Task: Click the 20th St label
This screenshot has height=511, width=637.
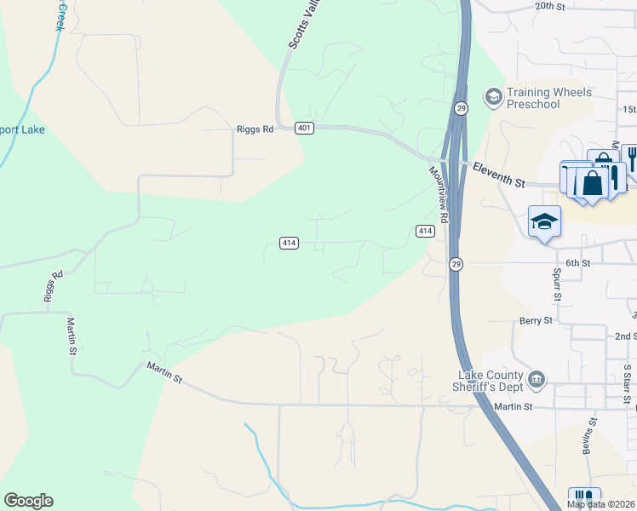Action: [x=550, y=6]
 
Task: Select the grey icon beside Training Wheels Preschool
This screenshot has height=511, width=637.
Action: [x=492, y=96]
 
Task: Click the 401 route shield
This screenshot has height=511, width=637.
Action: [x=305, y=128]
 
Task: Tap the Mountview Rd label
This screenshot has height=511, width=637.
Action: [x=439, y=194]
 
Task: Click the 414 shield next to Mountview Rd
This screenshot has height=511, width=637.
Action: [x=426, y=231]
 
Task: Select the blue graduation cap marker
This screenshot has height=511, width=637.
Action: [x=544, y=223]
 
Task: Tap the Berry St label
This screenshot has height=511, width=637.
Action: [x=536, y=321]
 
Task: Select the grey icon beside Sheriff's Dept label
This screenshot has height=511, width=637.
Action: [x=537, y=378]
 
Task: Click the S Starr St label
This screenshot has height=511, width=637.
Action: [x=627, y=382]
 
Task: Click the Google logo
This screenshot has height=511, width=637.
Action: [x=28, y=501]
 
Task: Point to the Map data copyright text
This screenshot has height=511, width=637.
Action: [x=601, y=504]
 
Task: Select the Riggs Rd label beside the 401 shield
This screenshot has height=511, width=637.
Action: [x=255, y=129]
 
